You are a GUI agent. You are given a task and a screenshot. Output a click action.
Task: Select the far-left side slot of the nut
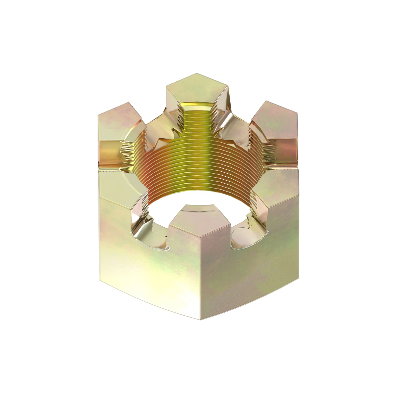tap(109, 154)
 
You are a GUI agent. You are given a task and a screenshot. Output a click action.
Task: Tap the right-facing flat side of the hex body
tap(251, 271)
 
